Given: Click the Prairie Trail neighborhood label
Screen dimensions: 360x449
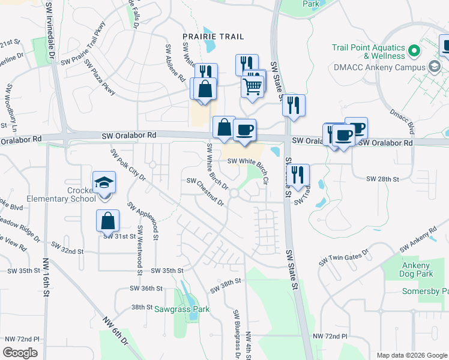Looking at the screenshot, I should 213,37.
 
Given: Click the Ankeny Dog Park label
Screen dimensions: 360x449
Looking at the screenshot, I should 415,269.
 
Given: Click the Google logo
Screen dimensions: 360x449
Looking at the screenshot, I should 20,353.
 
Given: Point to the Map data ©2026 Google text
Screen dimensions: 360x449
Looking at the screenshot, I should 411,355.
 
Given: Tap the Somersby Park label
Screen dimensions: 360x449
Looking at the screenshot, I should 426,291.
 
